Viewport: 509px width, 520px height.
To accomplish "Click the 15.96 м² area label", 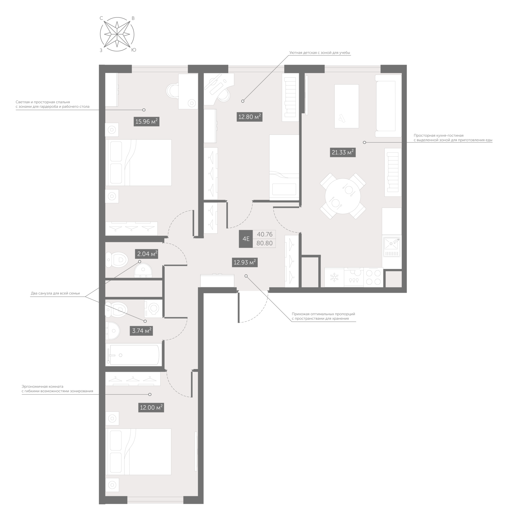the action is point(146,122).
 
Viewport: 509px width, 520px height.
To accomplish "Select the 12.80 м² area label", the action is point(250,117).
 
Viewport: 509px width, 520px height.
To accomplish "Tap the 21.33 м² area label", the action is point(343,152).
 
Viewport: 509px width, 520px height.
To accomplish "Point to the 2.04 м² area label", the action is point(147,254).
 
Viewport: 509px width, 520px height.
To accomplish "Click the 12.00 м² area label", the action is point(151,408).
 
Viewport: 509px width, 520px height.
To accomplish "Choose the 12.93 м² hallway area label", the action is point(245,262).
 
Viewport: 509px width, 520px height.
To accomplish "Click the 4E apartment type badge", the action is point(246,239).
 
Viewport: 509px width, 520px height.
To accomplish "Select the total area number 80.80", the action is point(265,243).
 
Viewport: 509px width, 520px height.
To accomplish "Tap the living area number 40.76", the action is point(265,234).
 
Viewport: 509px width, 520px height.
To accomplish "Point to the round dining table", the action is point(343,196).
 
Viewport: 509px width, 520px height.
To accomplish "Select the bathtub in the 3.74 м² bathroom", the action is point(134,355).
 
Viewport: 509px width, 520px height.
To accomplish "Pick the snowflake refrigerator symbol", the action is point(334,277).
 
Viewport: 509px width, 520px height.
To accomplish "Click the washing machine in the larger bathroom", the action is point(153,308).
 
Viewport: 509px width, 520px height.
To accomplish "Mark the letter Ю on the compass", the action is point(134,50).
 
